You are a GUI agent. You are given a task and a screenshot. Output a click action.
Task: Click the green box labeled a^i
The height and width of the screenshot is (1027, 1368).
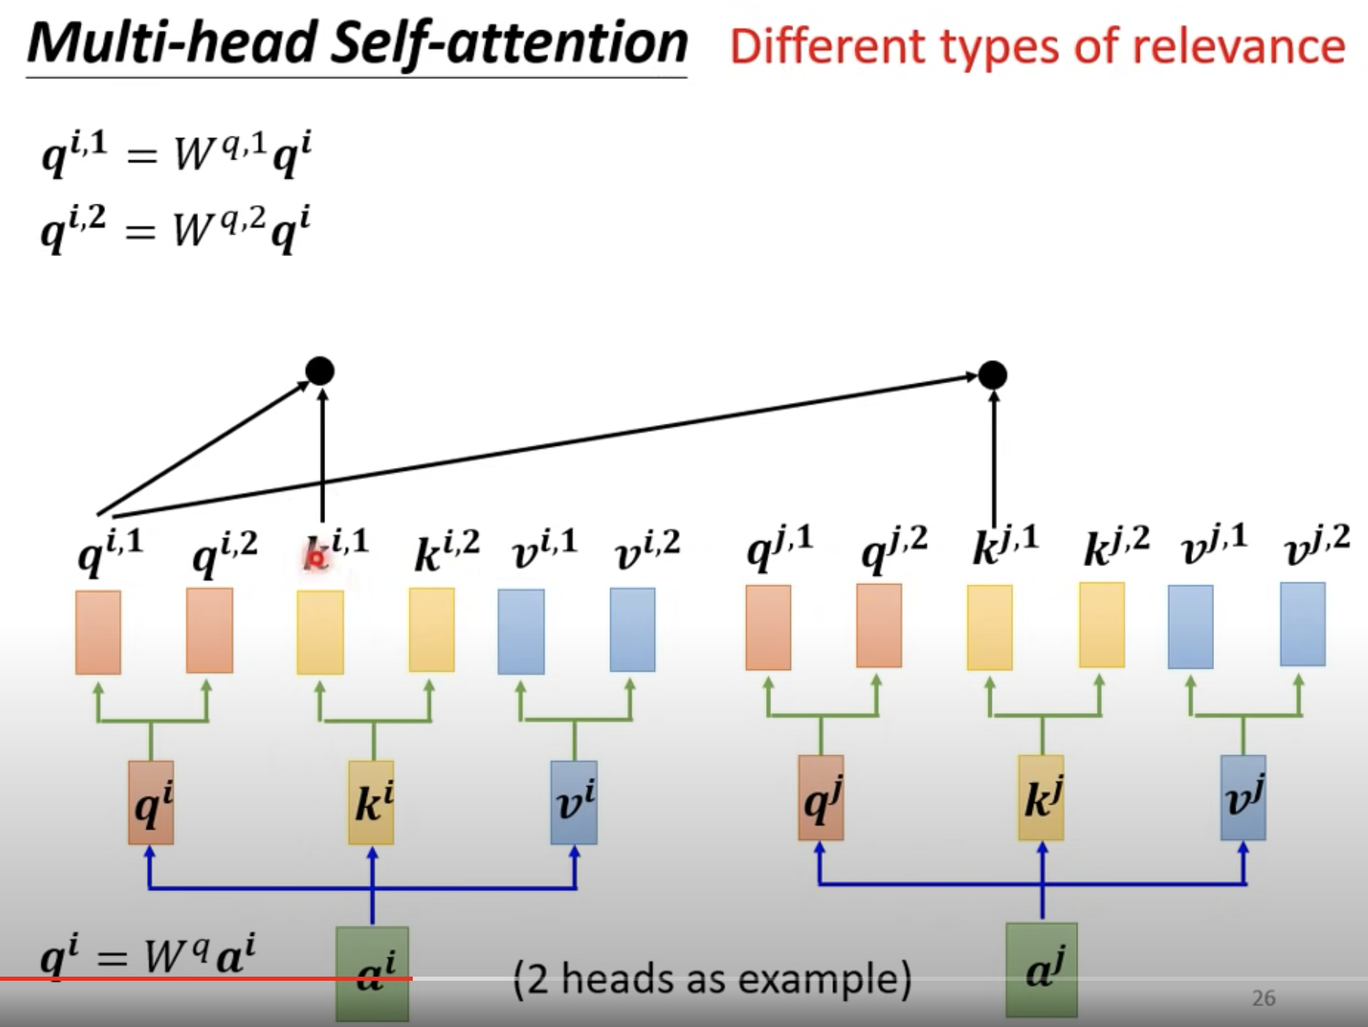tap(372, 973)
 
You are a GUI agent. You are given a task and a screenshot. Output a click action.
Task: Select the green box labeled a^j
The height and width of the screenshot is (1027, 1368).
tap(1042, 970)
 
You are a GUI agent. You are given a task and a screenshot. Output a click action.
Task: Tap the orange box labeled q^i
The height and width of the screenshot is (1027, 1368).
tap(151, 803)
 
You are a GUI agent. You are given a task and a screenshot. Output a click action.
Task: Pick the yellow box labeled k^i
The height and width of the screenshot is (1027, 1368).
tap(371, 803)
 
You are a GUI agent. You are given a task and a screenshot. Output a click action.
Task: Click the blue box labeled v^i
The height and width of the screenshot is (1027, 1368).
tap(574, 803)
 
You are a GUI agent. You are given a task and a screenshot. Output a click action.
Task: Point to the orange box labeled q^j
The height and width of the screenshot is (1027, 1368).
tap(821, 798)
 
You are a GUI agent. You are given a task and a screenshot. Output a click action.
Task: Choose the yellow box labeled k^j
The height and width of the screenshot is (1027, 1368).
tap(1041, 798)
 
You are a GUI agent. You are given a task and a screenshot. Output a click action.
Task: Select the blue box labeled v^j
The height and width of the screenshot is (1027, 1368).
tap(1243, 798)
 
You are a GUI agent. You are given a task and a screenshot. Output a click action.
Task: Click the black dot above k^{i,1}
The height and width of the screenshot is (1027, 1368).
tap(320, 371)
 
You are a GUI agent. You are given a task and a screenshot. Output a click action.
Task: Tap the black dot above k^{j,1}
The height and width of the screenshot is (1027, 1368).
tap(993, 375)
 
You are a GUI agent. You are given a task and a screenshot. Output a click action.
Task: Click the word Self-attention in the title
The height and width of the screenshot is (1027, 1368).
tap(509, 43)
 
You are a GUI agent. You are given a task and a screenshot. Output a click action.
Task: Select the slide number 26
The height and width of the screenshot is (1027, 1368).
tap(1263, 998)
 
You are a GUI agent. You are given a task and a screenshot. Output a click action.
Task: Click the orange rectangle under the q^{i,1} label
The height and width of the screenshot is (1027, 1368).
tap(98, 632)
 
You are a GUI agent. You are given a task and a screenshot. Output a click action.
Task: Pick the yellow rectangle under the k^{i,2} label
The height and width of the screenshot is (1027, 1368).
tap(431, 629)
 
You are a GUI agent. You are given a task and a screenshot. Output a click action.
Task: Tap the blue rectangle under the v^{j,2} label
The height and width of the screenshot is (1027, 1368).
tap(1302, 625)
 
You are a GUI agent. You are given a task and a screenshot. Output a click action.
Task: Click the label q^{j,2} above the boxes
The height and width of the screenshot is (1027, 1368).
tap(895, 545)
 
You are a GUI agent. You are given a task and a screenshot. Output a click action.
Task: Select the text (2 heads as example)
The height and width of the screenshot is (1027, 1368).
tap(712, 979)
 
